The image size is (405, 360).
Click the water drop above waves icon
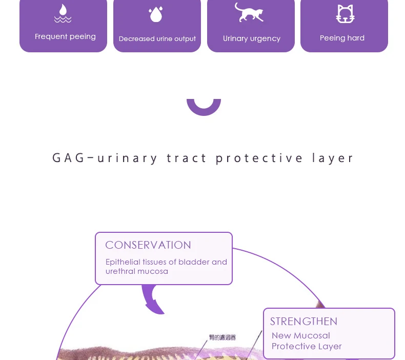coord(63,14)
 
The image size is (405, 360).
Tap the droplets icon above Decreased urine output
coord(155,14)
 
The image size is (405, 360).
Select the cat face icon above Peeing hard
coord(345,14)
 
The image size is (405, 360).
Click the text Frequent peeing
coord(65,36)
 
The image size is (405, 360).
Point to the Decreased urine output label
coord(157,39)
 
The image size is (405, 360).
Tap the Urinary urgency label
coord(251,38)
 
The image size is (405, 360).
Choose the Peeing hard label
coord(342,38)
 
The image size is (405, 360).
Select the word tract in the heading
coord(187,158)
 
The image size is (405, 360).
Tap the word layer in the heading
coord(333,158)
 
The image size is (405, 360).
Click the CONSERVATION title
coord(148,245)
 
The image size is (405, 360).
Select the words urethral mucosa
coord(137,271)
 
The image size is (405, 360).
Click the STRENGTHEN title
coord(303,322)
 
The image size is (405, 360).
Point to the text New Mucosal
coord(301,336)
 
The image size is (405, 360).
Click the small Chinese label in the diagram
coord(222,337)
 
